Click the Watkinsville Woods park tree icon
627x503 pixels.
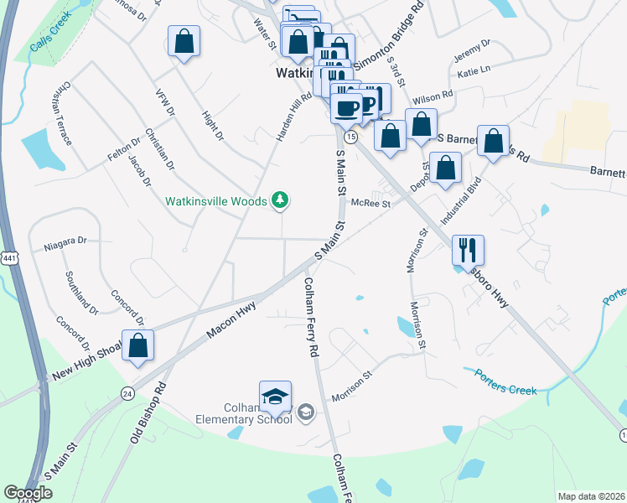(282, 200)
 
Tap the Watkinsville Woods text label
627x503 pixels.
(215, 201)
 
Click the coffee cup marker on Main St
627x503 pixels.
(346, 107)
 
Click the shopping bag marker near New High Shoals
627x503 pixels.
(137, 345)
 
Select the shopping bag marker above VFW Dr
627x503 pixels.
(184, 40)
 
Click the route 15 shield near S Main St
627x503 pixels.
(350, 136)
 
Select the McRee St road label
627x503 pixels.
(371, 203)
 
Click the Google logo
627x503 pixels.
(28, 493)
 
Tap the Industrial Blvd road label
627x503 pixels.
(462, 201)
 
